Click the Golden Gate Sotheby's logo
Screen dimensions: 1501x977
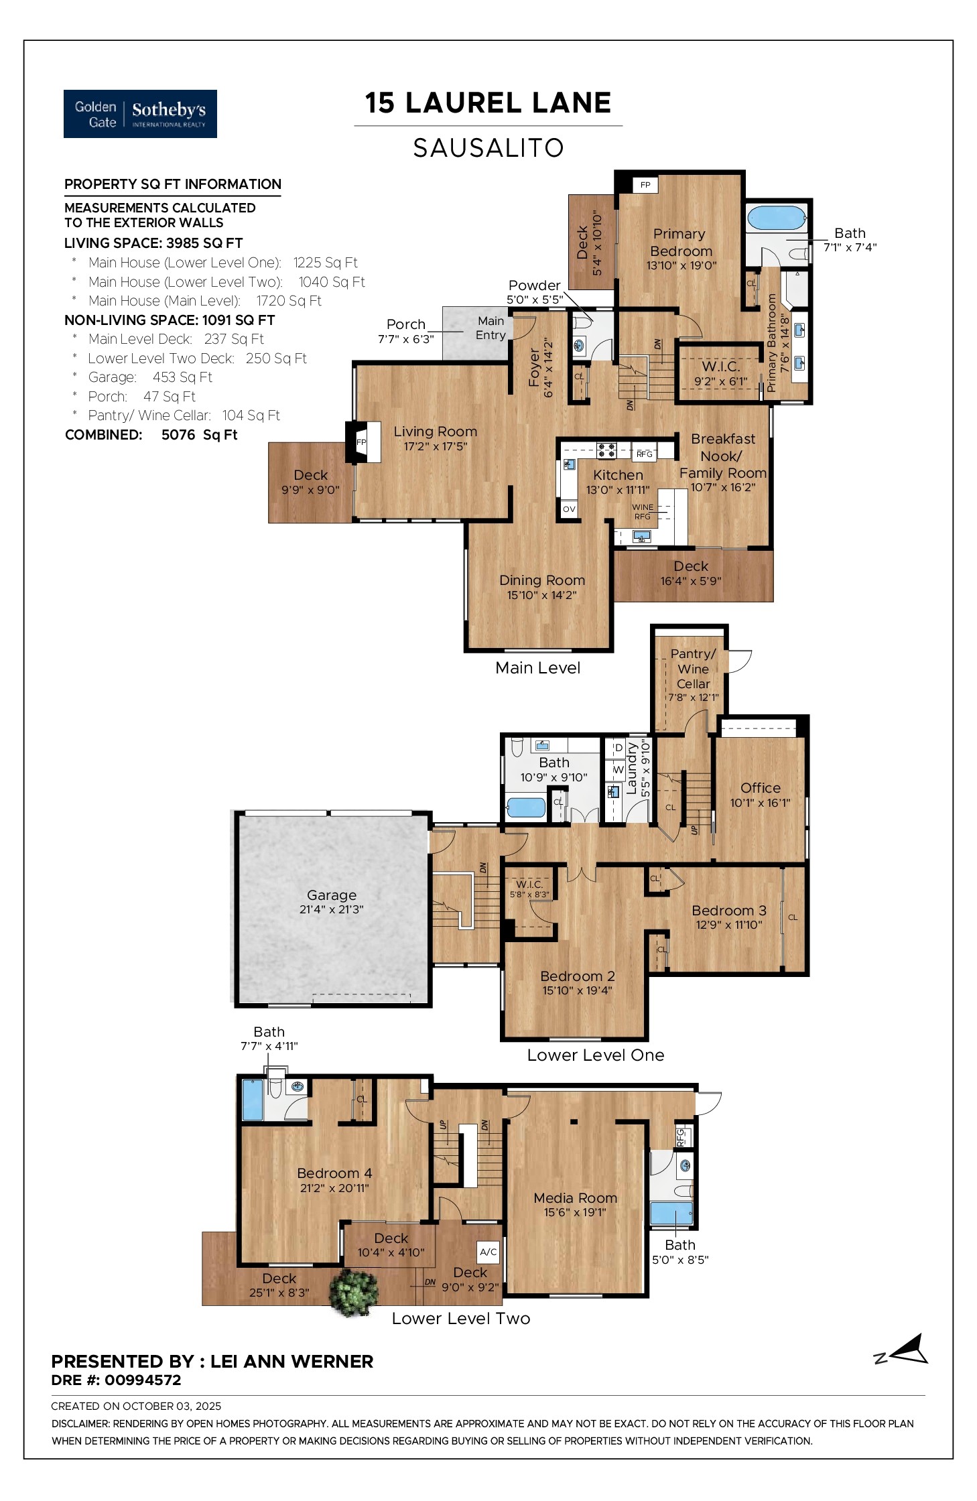140,114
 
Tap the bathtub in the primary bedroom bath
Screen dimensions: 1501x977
776,218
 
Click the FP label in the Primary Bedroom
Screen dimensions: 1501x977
645,185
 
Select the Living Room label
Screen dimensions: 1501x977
435,432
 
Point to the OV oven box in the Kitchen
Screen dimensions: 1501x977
569,509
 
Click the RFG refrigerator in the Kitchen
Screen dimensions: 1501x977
644,454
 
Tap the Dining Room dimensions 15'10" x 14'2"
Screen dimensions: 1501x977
541,595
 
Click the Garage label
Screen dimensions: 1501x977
331,895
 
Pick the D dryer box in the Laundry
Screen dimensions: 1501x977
618,748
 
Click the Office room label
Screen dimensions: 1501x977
760,788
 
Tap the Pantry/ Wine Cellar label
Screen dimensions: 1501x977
693,668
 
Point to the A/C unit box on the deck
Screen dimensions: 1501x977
488,1251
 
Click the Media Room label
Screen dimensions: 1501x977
575,1197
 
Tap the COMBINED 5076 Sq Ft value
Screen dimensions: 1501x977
199,435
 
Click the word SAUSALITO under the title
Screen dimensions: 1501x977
488,148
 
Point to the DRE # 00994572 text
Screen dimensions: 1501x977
116,1380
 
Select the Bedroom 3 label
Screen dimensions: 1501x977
728,910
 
